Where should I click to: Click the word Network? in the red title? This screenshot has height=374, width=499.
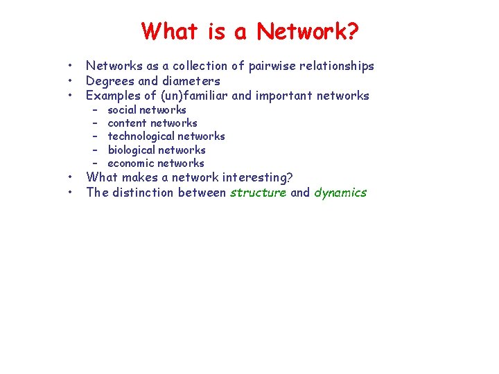click(308, 31)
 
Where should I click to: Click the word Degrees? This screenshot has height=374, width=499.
click(109, 81)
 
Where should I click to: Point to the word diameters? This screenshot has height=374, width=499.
click(191, 81)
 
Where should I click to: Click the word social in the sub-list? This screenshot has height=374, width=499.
click(122, 110)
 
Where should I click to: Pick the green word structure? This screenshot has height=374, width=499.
click(258, 193)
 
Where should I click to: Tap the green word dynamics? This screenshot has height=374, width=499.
click(340, 193)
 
